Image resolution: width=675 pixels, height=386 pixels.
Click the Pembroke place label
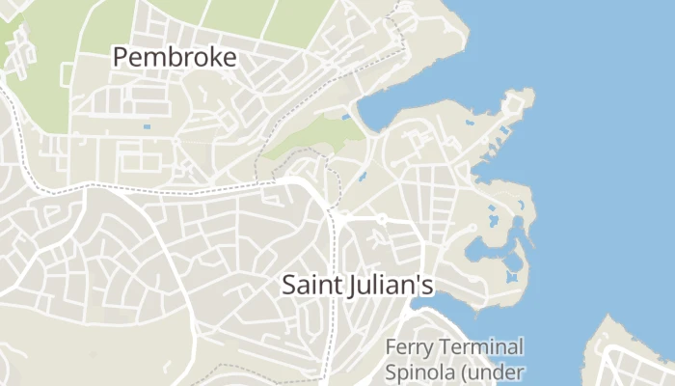tap(175, 57)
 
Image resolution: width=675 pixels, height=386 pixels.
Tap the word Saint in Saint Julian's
tap(310, 286)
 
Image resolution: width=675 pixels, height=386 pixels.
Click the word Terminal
tap(481, 347)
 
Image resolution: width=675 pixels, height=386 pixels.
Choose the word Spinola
tap(417, 372)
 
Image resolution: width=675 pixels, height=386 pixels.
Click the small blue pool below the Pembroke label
tap(147, 127)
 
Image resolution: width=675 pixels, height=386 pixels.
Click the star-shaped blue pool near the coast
tap(511, 278)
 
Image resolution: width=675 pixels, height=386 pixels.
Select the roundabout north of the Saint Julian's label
tap(382, 220)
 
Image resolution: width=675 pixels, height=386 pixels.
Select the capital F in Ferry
tap(391, 347)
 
